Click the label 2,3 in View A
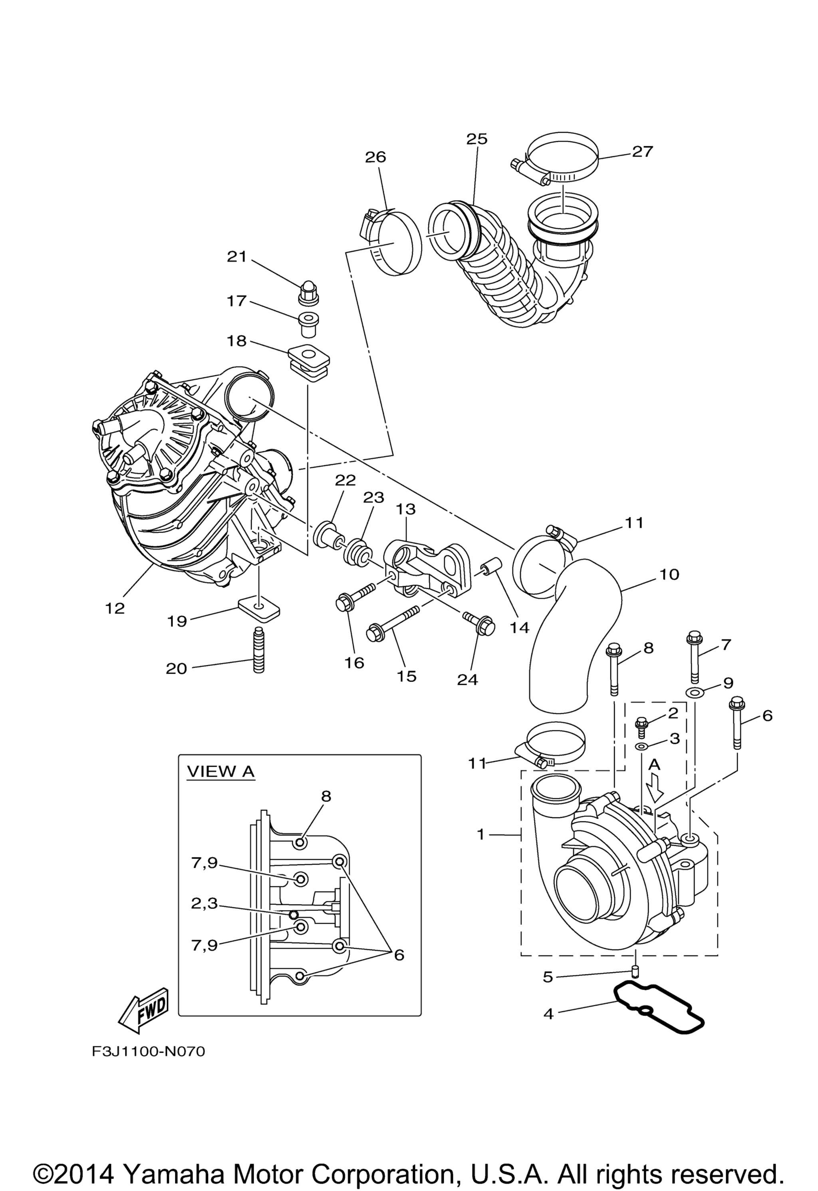[x=204, y=903]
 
